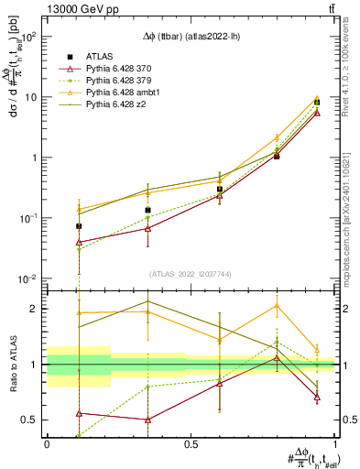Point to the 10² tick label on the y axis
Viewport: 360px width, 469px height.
pyautogui.click(x=28, y=37)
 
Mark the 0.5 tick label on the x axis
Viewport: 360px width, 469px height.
pyautogui.click(x=191, y=442)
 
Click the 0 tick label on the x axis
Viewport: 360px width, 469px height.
pyautogui.click(x=47, y=442)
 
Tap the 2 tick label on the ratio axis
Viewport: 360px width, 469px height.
pyautogui.click(x=35, y=309)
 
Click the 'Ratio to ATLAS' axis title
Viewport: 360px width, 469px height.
pyautogui.click(x=11, y=364)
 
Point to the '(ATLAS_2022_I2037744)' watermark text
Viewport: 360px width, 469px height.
pyautogui.click(x=190, y=272)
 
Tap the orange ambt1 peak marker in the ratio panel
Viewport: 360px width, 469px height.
pyautogui.click(x=277, y=306)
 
